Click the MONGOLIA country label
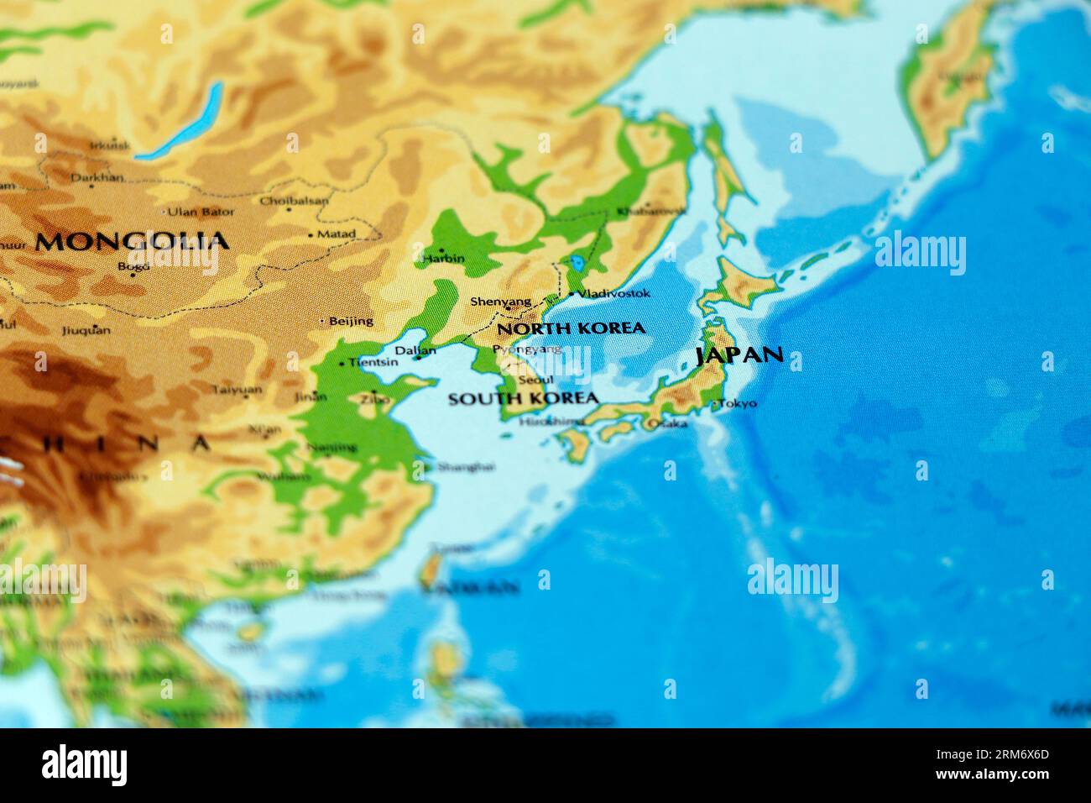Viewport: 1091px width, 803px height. click(132, 242)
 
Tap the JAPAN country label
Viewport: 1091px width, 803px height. click(739, 355)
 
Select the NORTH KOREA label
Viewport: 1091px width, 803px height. click(571, 328)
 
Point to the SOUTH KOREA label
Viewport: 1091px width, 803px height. click(523, 398)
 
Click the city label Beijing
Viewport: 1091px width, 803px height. click(351, 320)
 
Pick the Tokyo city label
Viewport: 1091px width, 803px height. click(739, 403)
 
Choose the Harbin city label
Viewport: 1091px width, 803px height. click(445, 258)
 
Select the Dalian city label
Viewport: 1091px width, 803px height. click(415, 351)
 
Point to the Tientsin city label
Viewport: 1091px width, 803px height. click(373, 363)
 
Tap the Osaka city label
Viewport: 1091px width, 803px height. click(666, 423)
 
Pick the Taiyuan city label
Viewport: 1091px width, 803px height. click(236, 390)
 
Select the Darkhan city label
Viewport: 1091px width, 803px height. click(97, 177)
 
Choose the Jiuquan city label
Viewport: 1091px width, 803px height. click(86, 330)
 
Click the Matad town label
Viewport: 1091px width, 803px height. click(337, 234)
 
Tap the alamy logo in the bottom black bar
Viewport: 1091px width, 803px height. click(84, 765)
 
